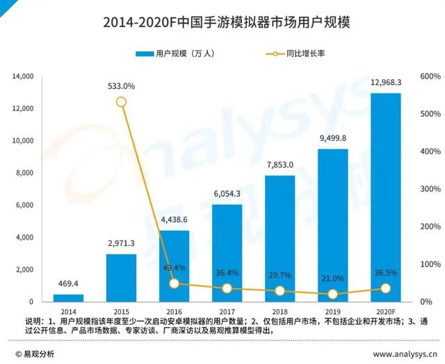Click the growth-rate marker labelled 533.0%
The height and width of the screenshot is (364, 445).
(121, 102)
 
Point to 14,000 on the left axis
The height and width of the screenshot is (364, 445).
(22, 76)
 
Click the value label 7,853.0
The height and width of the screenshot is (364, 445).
(280, 165)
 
